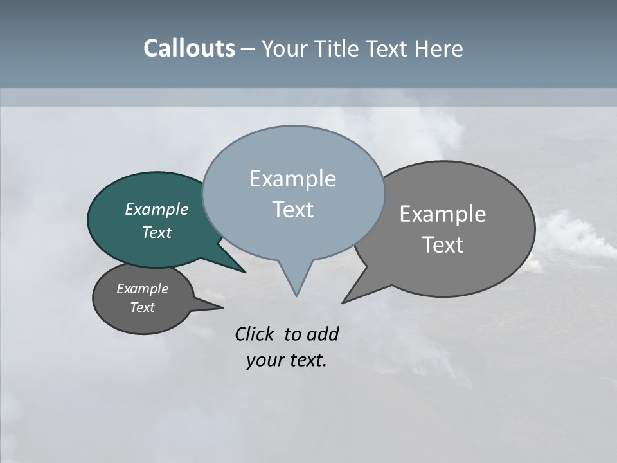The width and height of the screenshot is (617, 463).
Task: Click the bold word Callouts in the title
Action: tap(189, 48)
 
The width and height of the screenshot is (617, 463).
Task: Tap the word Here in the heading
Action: tap(438, 48)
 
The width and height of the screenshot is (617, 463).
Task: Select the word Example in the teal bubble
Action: tap(156, 209)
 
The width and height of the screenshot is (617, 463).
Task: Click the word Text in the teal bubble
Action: tap(156, 232)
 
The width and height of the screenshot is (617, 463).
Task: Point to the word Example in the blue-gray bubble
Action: tap(292, 179)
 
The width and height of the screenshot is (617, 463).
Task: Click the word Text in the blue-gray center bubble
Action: tap(292, 210)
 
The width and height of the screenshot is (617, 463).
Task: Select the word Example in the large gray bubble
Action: tap(443, 214)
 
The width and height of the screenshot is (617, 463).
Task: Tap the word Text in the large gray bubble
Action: tap(443, 245)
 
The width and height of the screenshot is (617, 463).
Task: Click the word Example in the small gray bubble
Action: tap(142, 289)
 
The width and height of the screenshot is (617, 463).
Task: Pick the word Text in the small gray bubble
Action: tap(142, 307)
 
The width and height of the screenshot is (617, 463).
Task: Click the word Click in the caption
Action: tap(256, 334)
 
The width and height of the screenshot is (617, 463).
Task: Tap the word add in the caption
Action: tap(323, 334)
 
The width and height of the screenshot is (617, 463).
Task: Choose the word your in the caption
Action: tap(264, 360)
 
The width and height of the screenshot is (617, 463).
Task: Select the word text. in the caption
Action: tap(305, 360)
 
